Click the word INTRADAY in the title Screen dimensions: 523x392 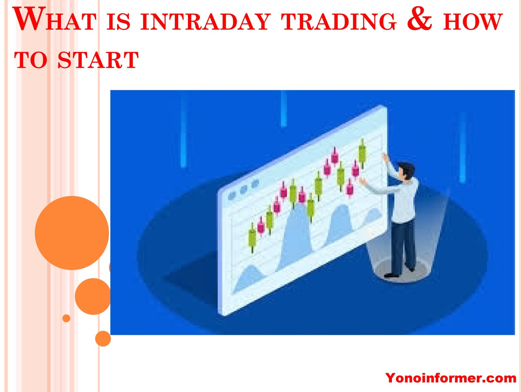205,22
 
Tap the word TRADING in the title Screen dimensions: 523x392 339,22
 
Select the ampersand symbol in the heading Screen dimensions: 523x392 419,19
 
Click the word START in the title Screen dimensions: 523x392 98,60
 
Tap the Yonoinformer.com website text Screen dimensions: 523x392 450,378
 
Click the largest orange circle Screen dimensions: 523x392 72,233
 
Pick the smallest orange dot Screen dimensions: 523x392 66,318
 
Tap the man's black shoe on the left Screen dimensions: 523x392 391,275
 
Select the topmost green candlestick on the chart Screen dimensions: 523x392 362,153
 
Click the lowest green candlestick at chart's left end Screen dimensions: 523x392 252,238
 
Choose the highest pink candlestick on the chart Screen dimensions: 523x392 335,157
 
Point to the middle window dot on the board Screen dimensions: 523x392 243,190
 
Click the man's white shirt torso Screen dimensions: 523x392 406,200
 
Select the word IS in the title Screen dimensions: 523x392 118,22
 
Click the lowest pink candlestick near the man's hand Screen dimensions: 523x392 350,188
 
